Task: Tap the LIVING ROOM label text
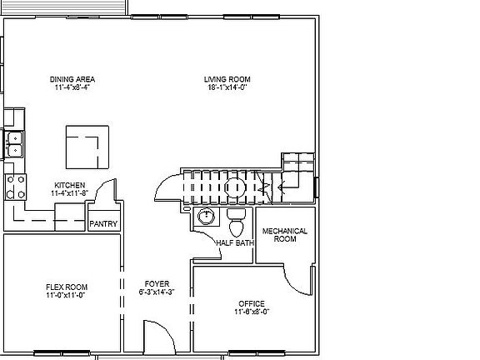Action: tap(227, 80)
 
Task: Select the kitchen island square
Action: tap(87, 147)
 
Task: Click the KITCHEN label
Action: tap(69, 185)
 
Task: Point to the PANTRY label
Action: tap(104, 224)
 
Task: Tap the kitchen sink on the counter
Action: tap(14, 144)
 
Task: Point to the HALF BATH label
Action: tap(234, 243)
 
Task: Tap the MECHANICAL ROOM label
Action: tap(285, 234)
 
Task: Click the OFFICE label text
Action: tap(251, 303)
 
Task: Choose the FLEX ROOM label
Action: tap(67, 287)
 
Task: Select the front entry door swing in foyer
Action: tap(156, 337)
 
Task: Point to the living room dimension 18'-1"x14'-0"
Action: tap(227, 87)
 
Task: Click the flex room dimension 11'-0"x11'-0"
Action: tap(67, 295)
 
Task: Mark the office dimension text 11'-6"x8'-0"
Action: tap(251, 312)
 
